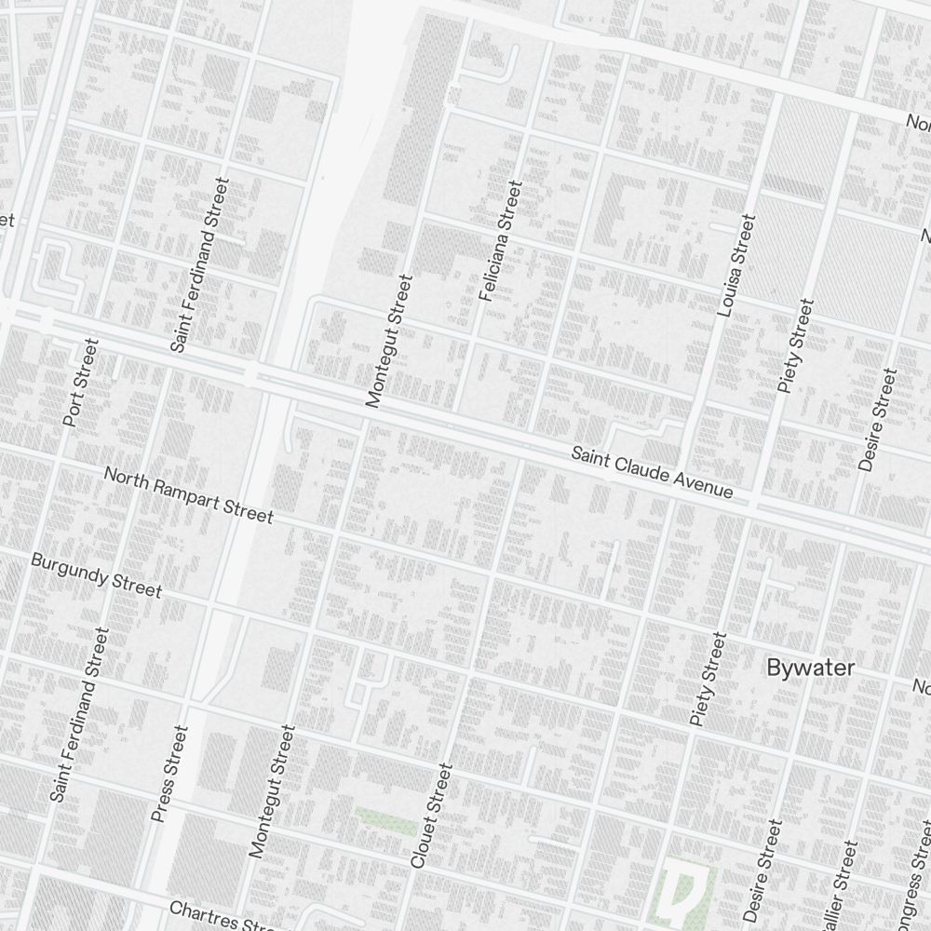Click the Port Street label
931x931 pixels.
coord(80,383)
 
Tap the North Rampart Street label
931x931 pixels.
coord(188,495)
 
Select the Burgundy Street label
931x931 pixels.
coord(96,575)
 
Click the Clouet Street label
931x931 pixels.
coord(431,816)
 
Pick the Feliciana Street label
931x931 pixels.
coord(500,241)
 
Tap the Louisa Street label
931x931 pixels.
coord(736,265)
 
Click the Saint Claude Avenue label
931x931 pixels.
coord(652,472)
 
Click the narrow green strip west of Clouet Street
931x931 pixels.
coord(384,819)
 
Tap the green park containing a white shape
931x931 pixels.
coord(686,889)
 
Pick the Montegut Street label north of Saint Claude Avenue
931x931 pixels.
coord(389,341)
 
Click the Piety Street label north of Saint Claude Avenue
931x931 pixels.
coord(795,345)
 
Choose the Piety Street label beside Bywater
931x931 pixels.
coord(708,679)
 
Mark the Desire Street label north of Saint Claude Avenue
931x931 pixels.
coord(878,420)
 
